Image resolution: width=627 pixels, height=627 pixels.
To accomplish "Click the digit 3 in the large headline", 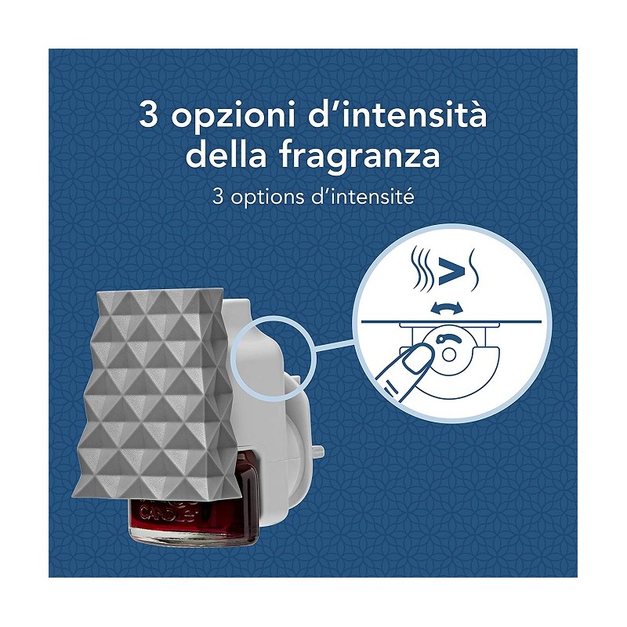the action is tap(148, 115).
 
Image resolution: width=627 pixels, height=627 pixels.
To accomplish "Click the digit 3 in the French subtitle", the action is tap(218, 197).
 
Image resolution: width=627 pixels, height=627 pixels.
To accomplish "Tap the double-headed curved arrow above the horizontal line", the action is tap(448, 306).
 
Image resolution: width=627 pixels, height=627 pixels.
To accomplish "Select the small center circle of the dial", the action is tap(448, 353).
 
